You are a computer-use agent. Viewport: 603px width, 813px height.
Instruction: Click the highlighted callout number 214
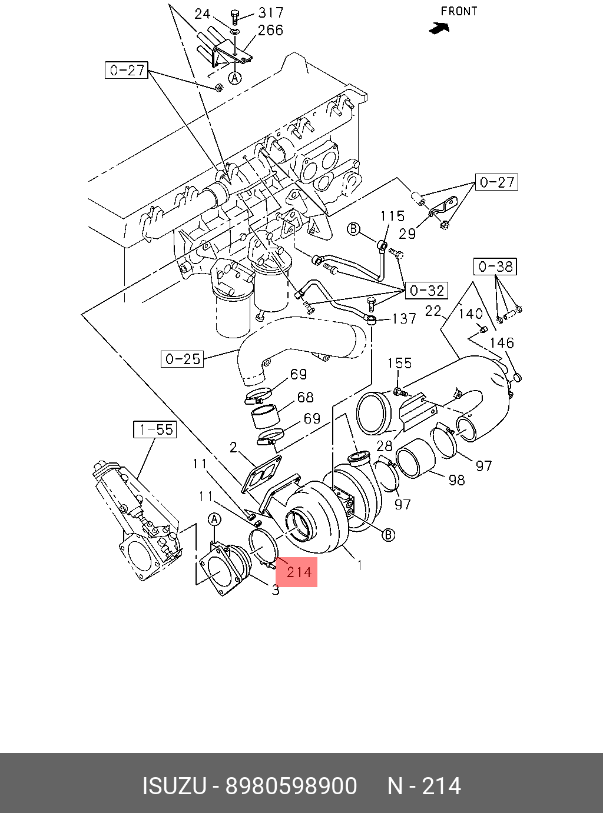(x=299, y=572)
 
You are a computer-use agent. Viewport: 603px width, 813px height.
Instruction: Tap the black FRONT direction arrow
(x=439, y=28)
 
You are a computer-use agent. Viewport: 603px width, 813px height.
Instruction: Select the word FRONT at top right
(x=459, y=11)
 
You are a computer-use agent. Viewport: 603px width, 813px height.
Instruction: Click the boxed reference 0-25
(x=182, y=359)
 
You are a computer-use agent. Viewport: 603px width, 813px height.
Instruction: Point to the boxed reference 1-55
(x=154, y=429)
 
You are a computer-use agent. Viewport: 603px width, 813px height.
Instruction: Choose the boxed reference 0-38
(x=495, y=266)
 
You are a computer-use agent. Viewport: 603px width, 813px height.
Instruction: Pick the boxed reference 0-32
(x=426, y=291)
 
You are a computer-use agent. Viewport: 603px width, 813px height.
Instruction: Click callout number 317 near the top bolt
(x=271, y=13)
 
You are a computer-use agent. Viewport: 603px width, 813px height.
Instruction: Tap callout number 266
(x=270, y=31)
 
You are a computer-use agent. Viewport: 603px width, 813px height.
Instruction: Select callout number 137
(x=404, y=318)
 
